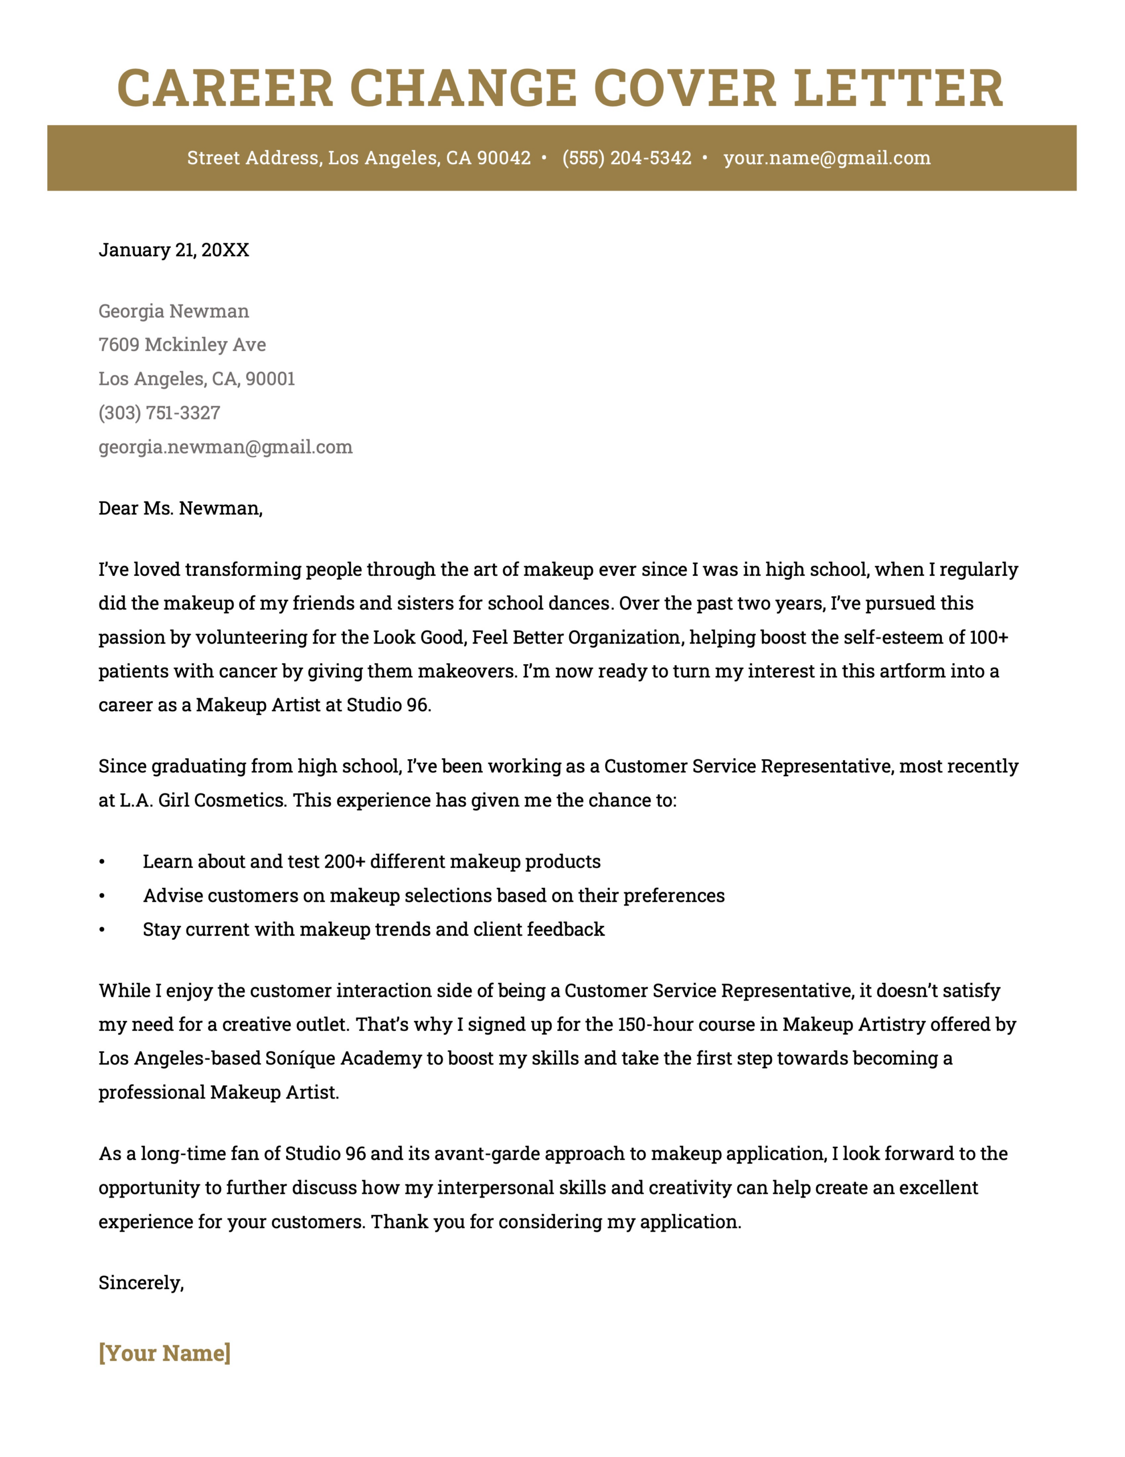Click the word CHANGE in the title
[463, 88]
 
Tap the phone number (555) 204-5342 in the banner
[626, 158]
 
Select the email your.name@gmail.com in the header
[826, 158]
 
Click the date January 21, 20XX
[173, 250]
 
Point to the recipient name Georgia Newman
[173, 311]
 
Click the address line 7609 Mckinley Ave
[182, 345]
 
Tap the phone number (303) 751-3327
[159, 413]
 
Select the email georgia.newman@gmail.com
[225, 447]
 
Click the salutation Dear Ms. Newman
[180, 508]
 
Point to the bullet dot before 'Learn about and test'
[102, 862]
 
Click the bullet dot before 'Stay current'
[102, 930]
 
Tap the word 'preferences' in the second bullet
[673, 896]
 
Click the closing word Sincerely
[140, 1283]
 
